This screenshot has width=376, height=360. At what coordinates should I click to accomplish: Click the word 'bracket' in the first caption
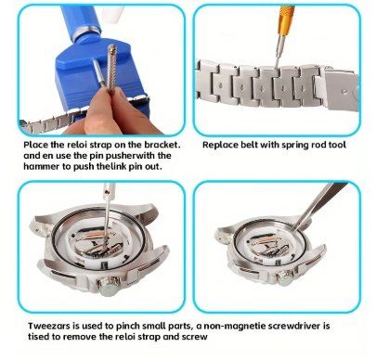point(164,145)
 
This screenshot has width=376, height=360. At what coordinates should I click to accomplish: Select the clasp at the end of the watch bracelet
point(341,90)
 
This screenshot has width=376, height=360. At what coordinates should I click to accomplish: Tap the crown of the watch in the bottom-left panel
point(109,286)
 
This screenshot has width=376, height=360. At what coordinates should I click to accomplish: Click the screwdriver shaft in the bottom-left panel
point(108,212)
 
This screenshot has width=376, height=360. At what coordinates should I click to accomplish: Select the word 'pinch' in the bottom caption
point(128,327)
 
